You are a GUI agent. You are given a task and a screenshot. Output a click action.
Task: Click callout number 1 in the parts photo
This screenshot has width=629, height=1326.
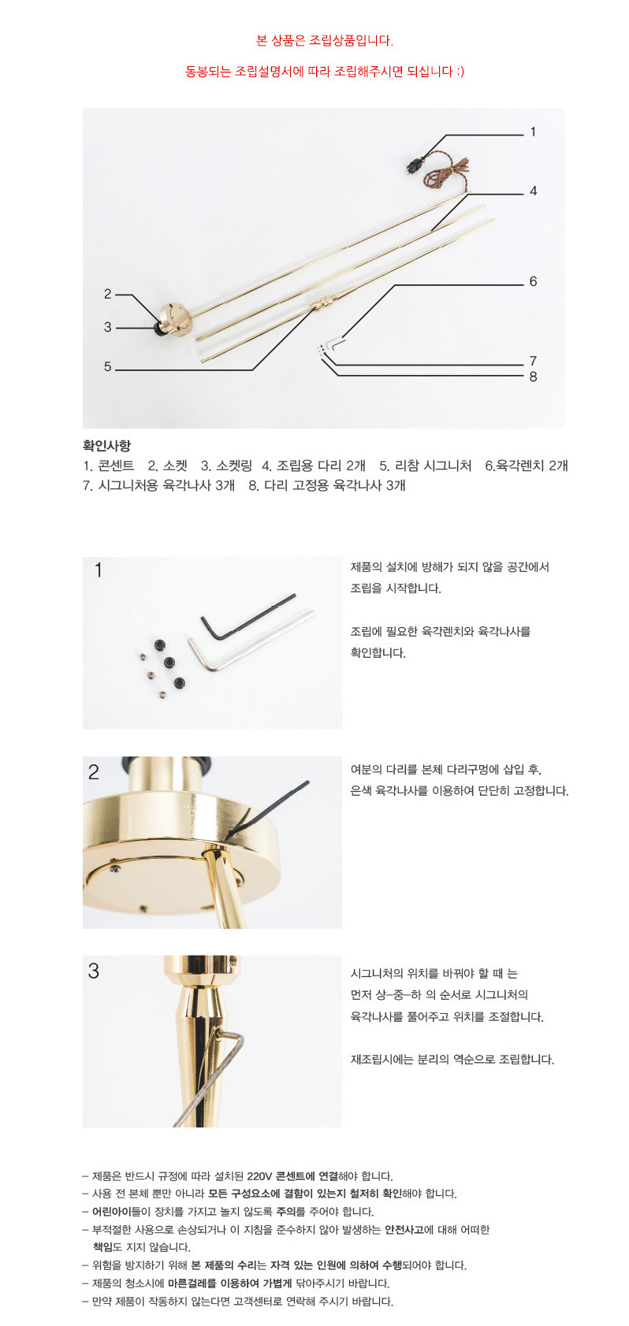click(x=533, y=132)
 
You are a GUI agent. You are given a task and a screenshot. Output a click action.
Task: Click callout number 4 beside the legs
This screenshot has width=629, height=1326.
click(x=533, y=191)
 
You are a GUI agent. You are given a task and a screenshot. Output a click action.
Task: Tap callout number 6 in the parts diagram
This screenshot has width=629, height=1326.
click(x=533, y=282)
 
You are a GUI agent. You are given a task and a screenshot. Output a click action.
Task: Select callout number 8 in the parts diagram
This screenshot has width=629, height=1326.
click(x=533, y=377)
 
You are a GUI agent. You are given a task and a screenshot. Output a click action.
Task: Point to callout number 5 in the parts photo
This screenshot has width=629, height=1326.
click(x=108, y=366)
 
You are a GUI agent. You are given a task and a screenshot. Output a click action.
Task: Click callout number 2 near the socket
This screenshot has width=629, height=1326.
click(x=108, y=294)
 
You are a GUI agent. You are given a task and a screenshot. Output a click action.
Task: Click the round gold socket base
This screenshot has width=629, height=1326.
click(x=174, y=319)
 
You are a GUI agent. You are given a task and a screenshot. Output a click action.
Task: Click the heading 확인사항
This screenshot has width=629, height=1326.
click(x=106, y=446)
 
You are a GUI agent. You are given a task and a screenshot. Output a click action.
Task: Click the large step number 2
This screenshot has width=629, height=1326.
click(x=94, y=772)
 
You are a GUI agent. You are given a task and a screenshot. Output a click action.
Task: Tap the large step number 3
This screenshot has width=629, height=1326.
click(x=94, y=971)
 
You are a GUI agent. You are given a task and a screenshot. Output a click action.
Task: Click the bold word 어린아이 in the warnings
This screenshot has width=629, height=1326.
click(x=111, y=1212)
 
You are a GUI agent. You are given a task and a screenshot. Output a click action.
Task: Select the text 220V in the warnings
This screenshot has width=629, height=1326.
click(x=260, y=1176)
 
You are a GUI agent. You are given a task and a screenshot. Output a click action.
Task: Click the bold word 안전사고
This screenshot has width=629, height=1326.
click(x=404, y=1230)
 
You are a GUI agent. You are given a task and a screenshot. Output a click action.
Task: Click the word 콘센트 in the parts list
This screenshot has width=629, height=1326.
click(x=116, y=466)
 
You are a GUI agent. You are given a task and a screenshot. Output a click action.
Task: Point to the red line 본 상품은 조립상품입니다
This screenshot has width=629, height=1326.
click(x=325, y=41)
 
